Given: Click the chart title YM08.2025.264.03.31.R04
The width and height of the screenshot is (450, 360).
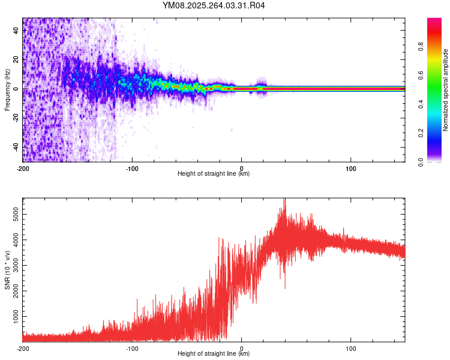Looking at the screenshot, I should pos(214,6).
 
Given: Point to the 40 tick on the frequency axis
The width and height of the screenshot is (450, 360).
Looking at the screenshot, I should pos(16,31).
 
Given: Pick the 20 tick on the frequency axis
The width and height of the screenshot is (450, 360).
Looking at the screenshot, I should pos(16,60).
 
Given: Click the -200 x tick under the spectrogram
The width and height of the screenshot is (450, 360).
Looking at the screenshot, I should pos(23,168).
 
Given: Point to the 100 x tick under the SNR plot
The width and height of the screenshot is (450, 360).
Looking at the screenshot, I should pos(350,348).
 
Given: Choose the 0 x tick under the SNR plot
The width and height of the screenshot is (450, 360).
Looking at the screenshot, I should pos(242,348).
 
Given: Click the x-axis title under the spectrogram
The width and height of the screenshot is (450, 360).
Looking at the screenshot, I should pos(214,174).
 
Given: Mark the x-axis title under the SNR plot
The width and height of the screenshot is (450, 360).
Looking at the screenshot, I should pos(214,354).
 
